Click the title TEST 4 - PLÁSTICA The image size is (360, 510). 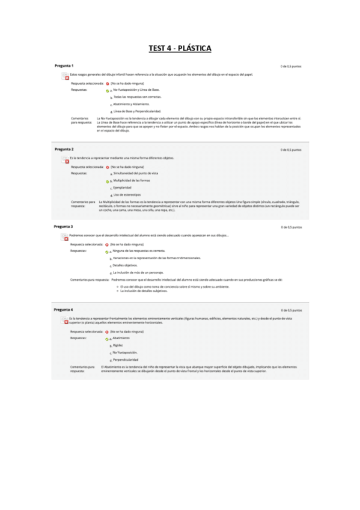pos(180,49)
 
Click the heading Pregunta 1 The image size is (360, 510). pos(64,65)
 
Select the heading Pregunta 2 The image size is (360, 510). pos(64,149)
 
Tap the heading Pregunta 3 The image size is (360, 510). pos(64,226)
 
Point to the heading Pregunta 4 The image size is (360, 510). pos(64,309)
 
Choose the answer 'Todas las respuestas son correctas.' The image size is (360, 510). pos(129,96)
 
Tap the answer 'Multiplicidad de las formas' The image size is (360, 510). pos(132,180)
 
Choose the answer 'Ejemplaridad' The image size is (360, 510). pos(123,187)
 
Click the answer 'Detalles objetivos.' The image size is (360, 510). pos(125,265)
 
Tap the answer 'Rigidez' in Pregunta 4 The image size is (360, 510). pos(118,345)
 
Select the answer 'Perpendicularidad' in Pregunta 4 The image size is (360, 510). pos(126,359)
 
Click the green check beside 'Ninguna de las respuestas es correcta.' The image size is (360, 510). pos(107,251)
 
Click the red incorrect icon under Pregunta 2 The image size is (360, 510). pos(67,161)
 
